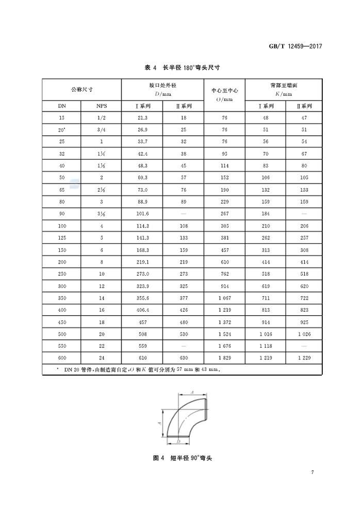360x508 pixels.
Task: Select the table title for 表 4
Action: click(180, 68)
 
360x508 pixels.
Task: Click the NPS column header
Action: click(102, 106)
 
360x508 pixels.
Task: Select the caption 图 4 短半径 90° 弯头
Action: click(180, 458)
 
